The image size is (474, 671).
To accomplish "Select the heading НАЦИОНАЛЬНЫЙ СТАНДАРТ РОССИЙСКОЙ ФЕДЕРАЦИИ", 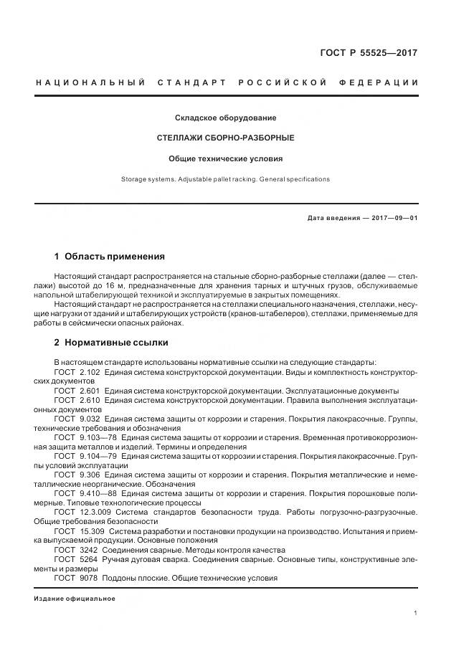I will point(227,83).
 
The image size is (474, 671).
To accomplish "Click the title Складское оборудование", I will point(226,118).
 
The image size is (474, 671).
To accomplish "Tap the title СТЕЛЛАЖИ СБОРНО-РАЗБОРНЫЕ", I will point(226,138).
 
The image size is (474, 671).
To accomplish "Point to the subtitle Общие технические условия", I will point(226,158).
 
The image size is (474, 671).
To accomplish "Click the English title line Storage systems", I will point(226,179).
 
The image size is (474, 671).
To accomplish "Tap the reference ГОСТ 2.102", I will point(77,373).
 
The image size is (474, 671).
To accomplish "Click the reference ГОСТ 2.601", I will point(77,391).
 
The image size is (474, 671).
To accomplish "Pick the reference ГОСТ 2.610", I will point(77,400).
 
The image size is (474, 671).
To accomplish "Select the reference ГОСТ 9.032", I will point(77,418).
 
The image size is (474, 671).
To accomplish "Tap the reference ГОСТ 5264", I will point(75,559).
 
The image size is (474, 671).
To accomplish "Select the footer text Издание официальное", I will point(75,598).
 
